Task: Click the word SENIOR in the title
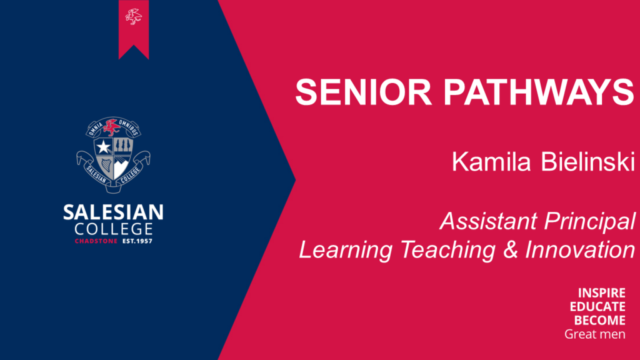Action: tap(363, 92)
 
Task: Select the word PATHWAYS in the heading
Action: tap(539, 92)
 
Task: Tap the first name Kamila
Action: tap(491, 161)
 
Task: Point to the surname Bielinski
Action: tap(588, 161)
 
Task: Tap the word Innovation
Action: tap(580, 249)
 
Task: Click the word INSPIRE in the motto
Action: tap(602, 293)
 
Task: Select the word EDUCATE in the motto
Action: tap(597, 306)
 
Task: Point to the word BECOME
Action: tap(599, 321)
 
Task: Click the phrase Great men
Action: tap(595, 334)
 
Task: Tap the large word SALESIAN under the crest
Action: tap(114, 212)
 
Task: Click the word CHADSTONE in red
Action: tap(96, 241)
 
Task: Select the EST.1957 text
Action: tap(137, 241)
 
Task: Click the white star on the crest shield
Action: tap(104, 146)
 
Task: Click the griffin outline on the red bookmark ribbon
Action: tap(134, 17)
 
